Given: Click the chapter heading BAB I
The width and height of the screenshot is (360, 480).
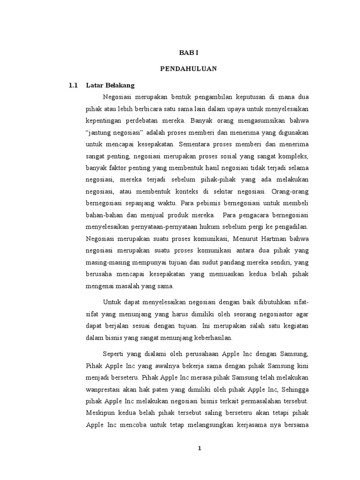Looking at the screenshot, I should tap(188, 53).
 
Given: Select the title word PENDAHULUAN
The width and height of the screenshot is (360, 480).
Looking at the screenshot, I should tap(188, 68).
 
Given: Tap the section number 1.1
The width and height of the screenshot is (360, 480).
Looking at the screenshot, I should tap(73, 85).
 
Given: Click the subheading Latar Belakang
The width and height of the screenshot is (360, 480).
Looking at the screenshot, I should tap(111, 85).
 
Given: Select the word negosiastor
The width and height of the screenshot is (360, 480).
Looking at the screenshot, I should tap(267, 314).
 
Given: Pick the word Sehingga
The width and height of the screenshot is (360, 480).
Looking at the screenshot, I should tap(294, 377).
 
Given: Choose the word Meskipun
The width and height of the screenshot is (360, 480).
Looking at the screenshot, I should tap(101, 413).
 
